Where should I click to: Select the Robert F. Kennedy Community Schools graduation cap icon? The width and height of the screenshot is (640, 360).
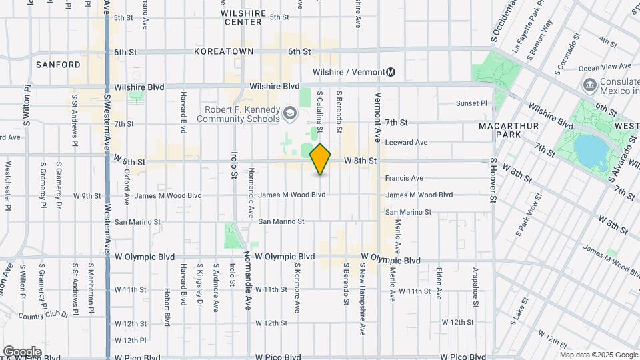pyautogui.click(x=290, y=113)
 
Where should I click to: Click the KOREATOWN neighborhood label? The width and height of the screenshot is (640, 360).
pyautogui.click(x=220, y=51)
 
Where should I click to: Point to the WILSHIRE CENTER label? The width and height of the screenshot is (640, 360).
pyautogui.click(x=243, y=17)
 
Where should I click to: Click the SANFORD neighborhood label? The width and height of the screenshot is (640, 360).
pyautogui.click(x=59, y=65)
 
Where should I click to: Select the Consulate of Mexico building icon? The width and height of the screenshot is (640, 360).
pyautogui.click(x=589, y=85)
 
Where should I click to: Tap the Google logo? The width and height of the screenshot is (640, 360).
pyautogui.click(x=22, y=351)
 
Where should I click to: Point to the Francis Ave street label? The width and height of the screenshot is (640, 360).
pyautogui.click(x=404, y=178)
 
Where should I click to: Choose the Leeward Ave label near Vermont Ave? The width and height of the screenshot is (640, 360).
pyautogui.click(x=406, y=142)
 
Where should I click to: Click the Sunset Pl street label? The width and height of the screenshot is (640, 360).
pyautogui.click(x=471, y=103)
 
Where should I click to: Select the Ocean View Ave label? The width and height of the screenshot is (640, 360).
pyautogui.click(x=605, y=67)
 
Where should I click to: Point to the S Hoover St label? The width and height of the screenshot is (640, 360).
pyautogui.click(x=494, y=180)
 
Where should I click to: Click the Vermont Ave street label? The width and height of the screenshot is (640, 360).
pyautogui.click(x=377, y=117)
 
